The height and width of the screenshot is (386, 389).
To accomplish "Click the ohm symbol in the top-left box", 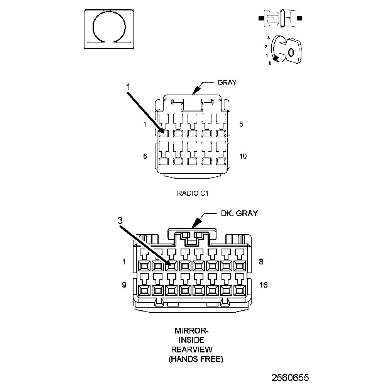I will click(x=109, y=29).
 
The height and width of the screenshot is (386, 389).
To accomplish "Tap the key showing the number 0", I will click(x=291, y=52).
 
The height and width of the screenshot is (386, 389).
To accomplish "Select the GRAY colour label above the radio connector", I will click(x=227, y=82).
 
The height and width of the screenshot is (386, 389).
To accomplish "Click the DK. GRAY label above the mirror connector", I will click(x=239, y=213).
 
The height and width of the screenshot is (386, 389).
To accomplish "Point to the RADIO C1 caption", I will click(x=193, y=193).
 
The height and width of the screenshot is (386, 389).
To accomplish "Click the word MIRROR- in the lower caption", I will click(x=192, y=331).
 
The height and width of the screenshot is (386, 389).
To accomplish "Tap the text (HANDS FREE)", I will click(x=196, y=359).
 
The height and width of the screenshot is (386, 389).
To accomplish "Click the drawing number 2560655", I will click(x=290, y=377).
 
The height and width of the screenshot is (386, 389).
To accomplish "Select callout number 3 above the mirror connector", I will click(x=120, y=220).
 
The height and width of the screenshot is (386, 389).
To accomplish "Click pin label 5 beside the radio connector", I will click(x=241, y=124).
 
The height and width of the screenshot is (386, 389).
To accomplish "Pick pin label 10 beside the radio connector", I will click(x=243, y=156).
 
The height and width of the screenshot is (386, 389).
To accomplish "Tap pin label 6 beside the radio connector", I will click(x=145, y=156).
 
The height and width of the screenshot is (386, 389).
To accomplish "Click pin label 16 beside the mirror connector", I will click(x=264, y=285).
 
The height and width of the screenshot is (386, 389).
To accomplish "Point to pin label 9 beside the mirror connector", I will click(x=124, y=285).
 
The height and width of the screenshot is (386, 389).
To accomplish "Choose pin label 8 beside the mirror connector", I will click(x=261, y=262).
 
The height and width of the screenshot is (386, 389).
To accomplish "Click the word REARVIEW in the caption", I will click(x=192, y=350).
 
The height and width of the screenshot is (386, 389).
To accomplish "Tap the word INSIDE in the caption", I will click(x=191, y=340).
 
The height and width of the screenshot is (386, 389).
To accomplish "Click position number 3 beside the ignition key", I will click(x=268, y=37).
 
